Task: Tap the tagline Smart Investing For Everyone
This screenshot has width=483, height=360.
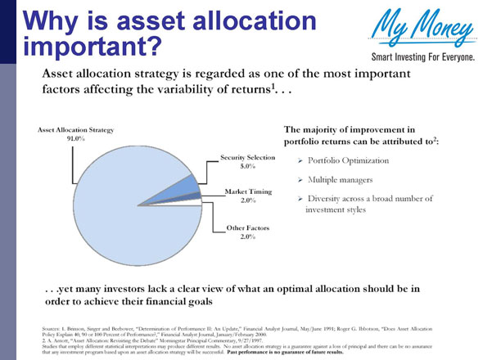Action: coord(418,58)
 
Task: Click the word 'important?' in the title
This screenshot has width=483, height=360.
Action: coord(90,46)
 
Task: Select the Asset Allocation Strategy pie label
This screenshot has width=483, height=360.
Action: coord(75,130)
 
